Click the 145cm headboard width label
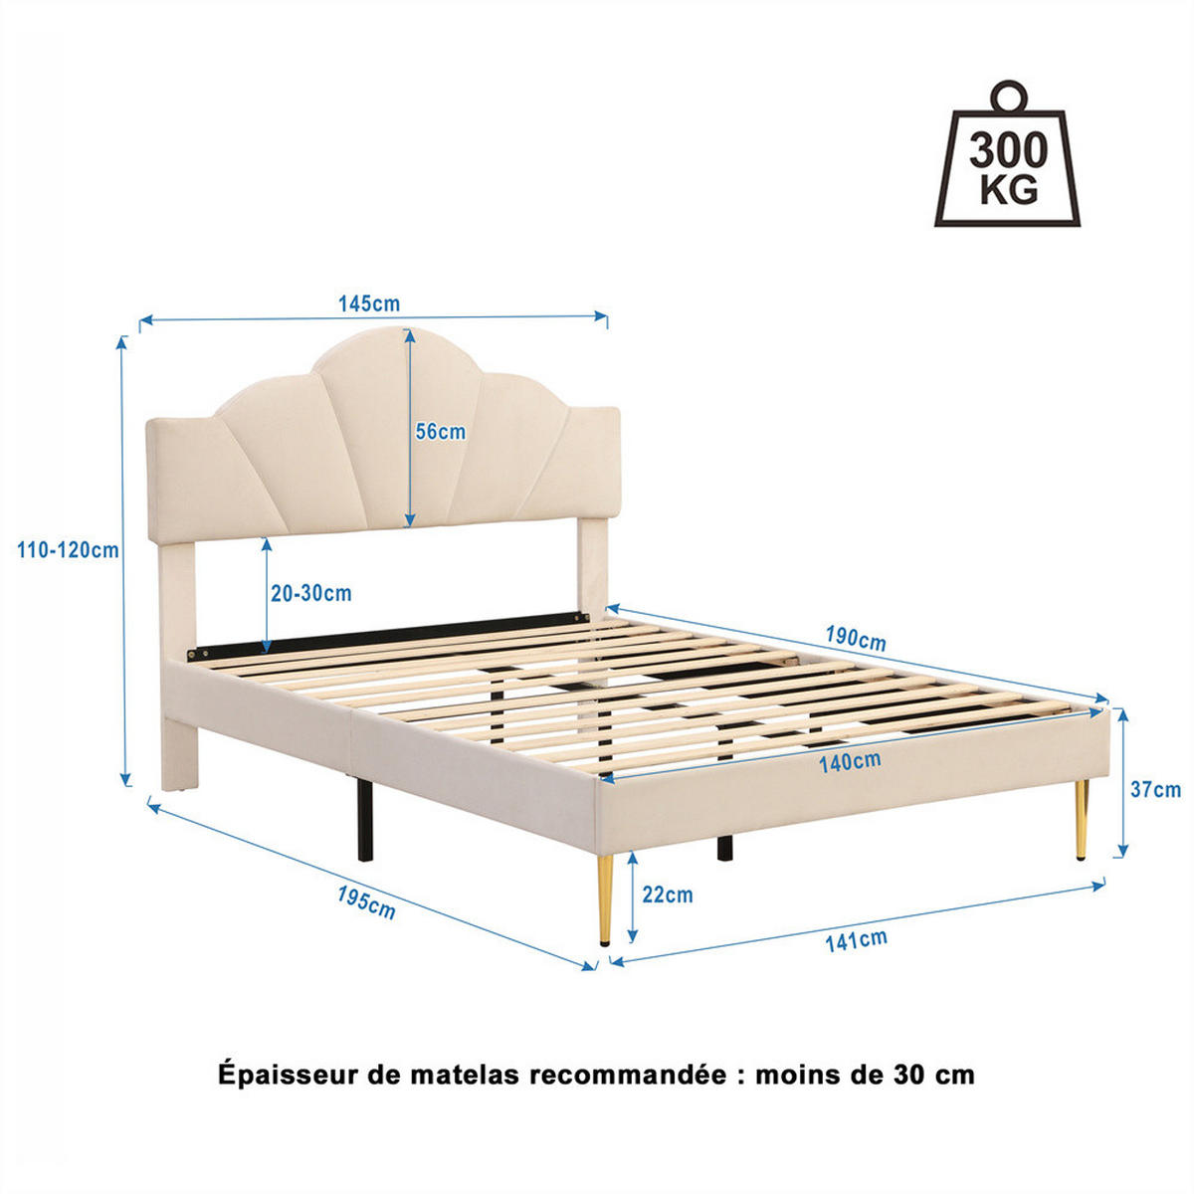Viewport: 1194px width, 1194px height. tap(369, 303)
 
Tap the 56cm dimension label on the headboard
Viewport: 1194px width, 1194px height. tap(440, 432)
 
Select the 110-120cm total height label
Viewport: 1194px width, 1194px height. tap(68, 549)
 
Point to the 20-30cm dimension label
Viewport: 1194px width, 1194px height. tap(311, 593)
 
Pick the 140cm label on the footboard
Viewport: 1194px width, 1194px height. tap(850, 762)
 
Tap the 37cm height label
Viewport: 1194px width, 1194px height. tap(1155, 789)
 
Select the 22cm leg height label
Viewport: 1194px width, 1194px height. tap(668, 895)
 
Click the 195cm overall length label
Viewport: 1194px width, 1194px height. tap(366, 902)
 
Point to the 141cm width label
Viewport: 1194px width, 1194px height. tap(856, 940)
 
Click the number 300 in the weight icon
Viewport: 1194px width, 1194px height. tap(1008, 150)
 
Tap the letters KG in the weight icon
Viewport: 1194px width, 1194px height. tap(1008, 189)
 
